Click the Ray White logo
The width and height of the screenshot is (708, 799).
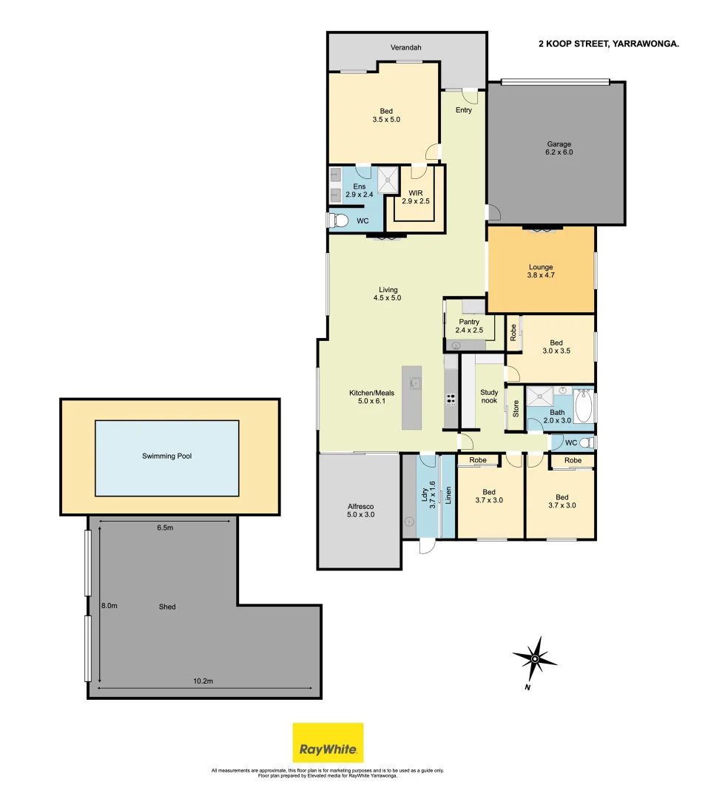point(328,742)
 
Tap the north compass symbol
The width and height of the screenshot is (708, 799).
point(534,658)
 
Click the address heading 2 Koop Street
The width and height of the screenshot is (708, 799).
point(608,44)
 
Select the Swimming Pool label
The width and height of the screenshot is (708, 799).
point(166,456)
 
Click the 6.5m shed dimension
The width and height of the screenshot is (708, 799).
point(165,527)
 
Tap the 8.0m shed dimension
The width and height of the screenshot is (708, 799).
point(109,605)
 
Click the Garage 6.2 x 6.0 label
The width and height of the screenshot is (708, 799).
point(559,148)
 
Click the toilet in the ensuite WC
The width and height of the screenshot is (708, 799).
point(338,220)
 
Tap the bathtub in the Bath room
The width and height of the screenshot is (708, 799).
point(584,407)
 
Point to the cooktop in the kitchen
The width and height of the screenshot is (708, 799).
point(450,400)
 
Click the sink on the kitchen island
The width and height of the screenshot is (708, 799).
point(416,382)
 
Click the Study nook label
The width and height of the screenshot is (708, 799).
point(488,397)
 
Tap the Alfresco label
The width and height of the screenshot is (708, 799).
point(360,510)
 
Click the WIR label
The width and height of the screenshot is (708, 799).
point(415,197)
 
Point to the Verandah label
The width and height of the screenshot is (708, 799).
point(405,48)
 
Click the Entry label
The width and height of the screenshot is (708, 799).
point(463,110)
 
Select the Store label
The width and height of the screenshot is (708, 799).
point(516,409)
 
